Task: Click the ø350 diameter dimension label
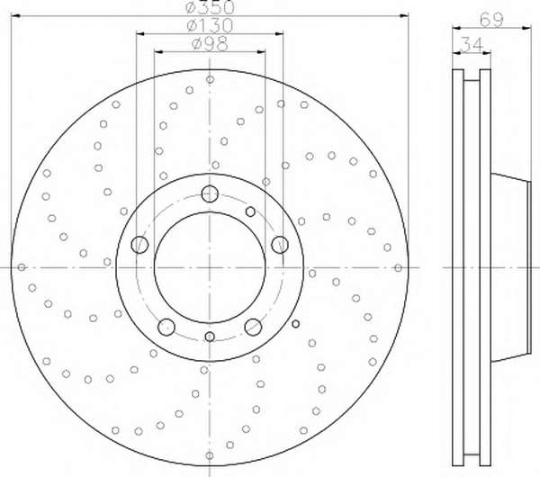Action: coord(210,7)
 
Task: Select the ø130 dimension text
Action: coord(210,25)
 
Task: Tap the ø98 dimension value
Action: coord(210,44)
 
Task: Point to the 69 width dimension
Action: coord(491,20)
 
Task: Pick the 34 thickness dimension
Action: coord(472,44)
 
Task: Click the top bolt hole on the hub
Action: coord(210,193)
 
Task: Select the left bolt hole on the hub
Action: coord(139,245)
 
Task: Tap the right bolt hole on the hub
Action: coord(280,245)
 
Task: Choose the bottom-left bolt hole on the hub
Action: coord(166,327)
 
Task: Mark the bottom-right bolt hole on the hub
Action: coord(253,327)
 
